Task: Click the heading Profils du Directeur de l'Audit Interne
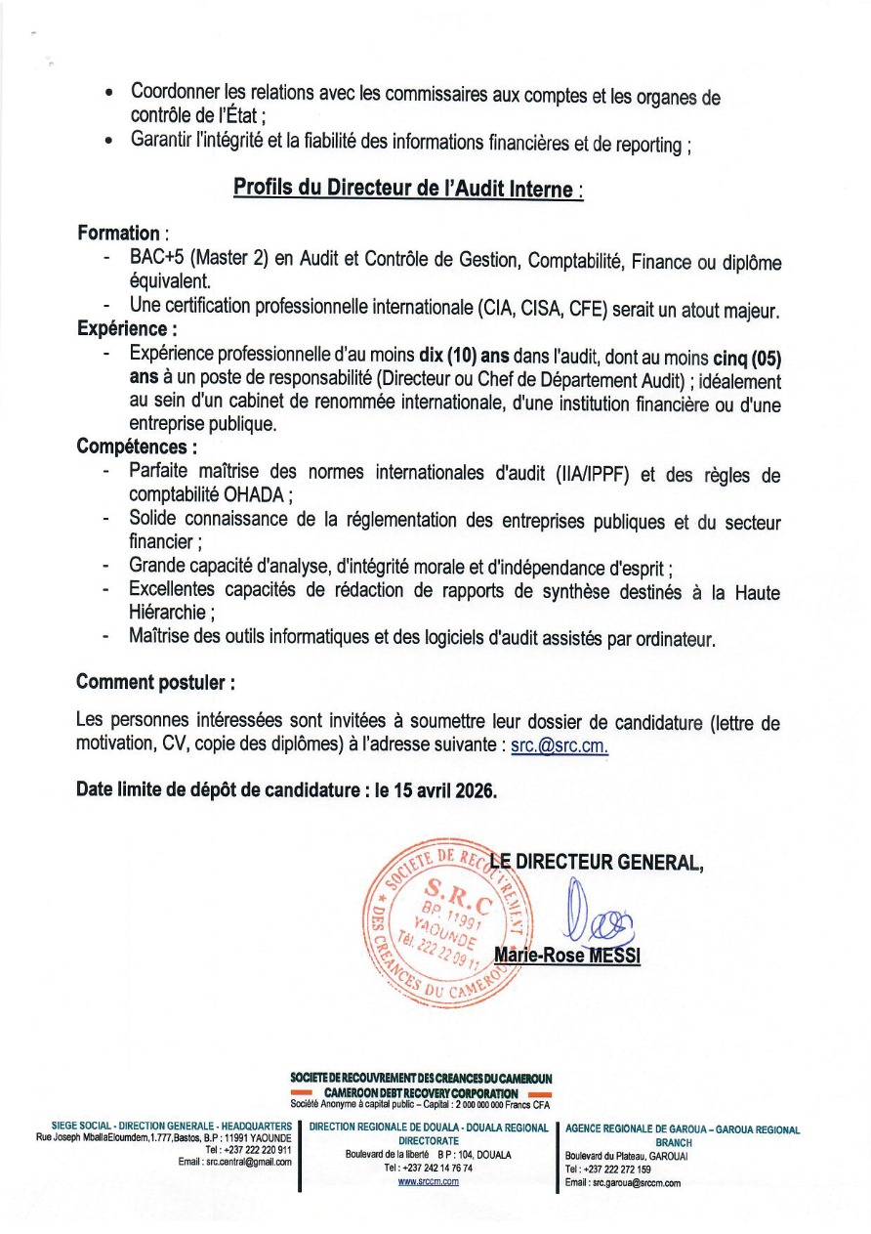pos(407,188)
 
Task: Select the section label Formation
pos(118,233)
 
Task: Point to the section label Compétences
pos(135,447)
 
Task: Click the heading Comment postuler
pos(154,681)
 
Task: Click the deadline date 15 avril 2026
pos(444,790)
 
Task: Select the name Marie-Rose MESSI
pos(567,955)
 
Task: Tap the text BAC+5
pos(156,261)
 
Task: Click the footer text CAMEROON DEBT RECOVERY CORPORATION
pos(421,1092)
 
